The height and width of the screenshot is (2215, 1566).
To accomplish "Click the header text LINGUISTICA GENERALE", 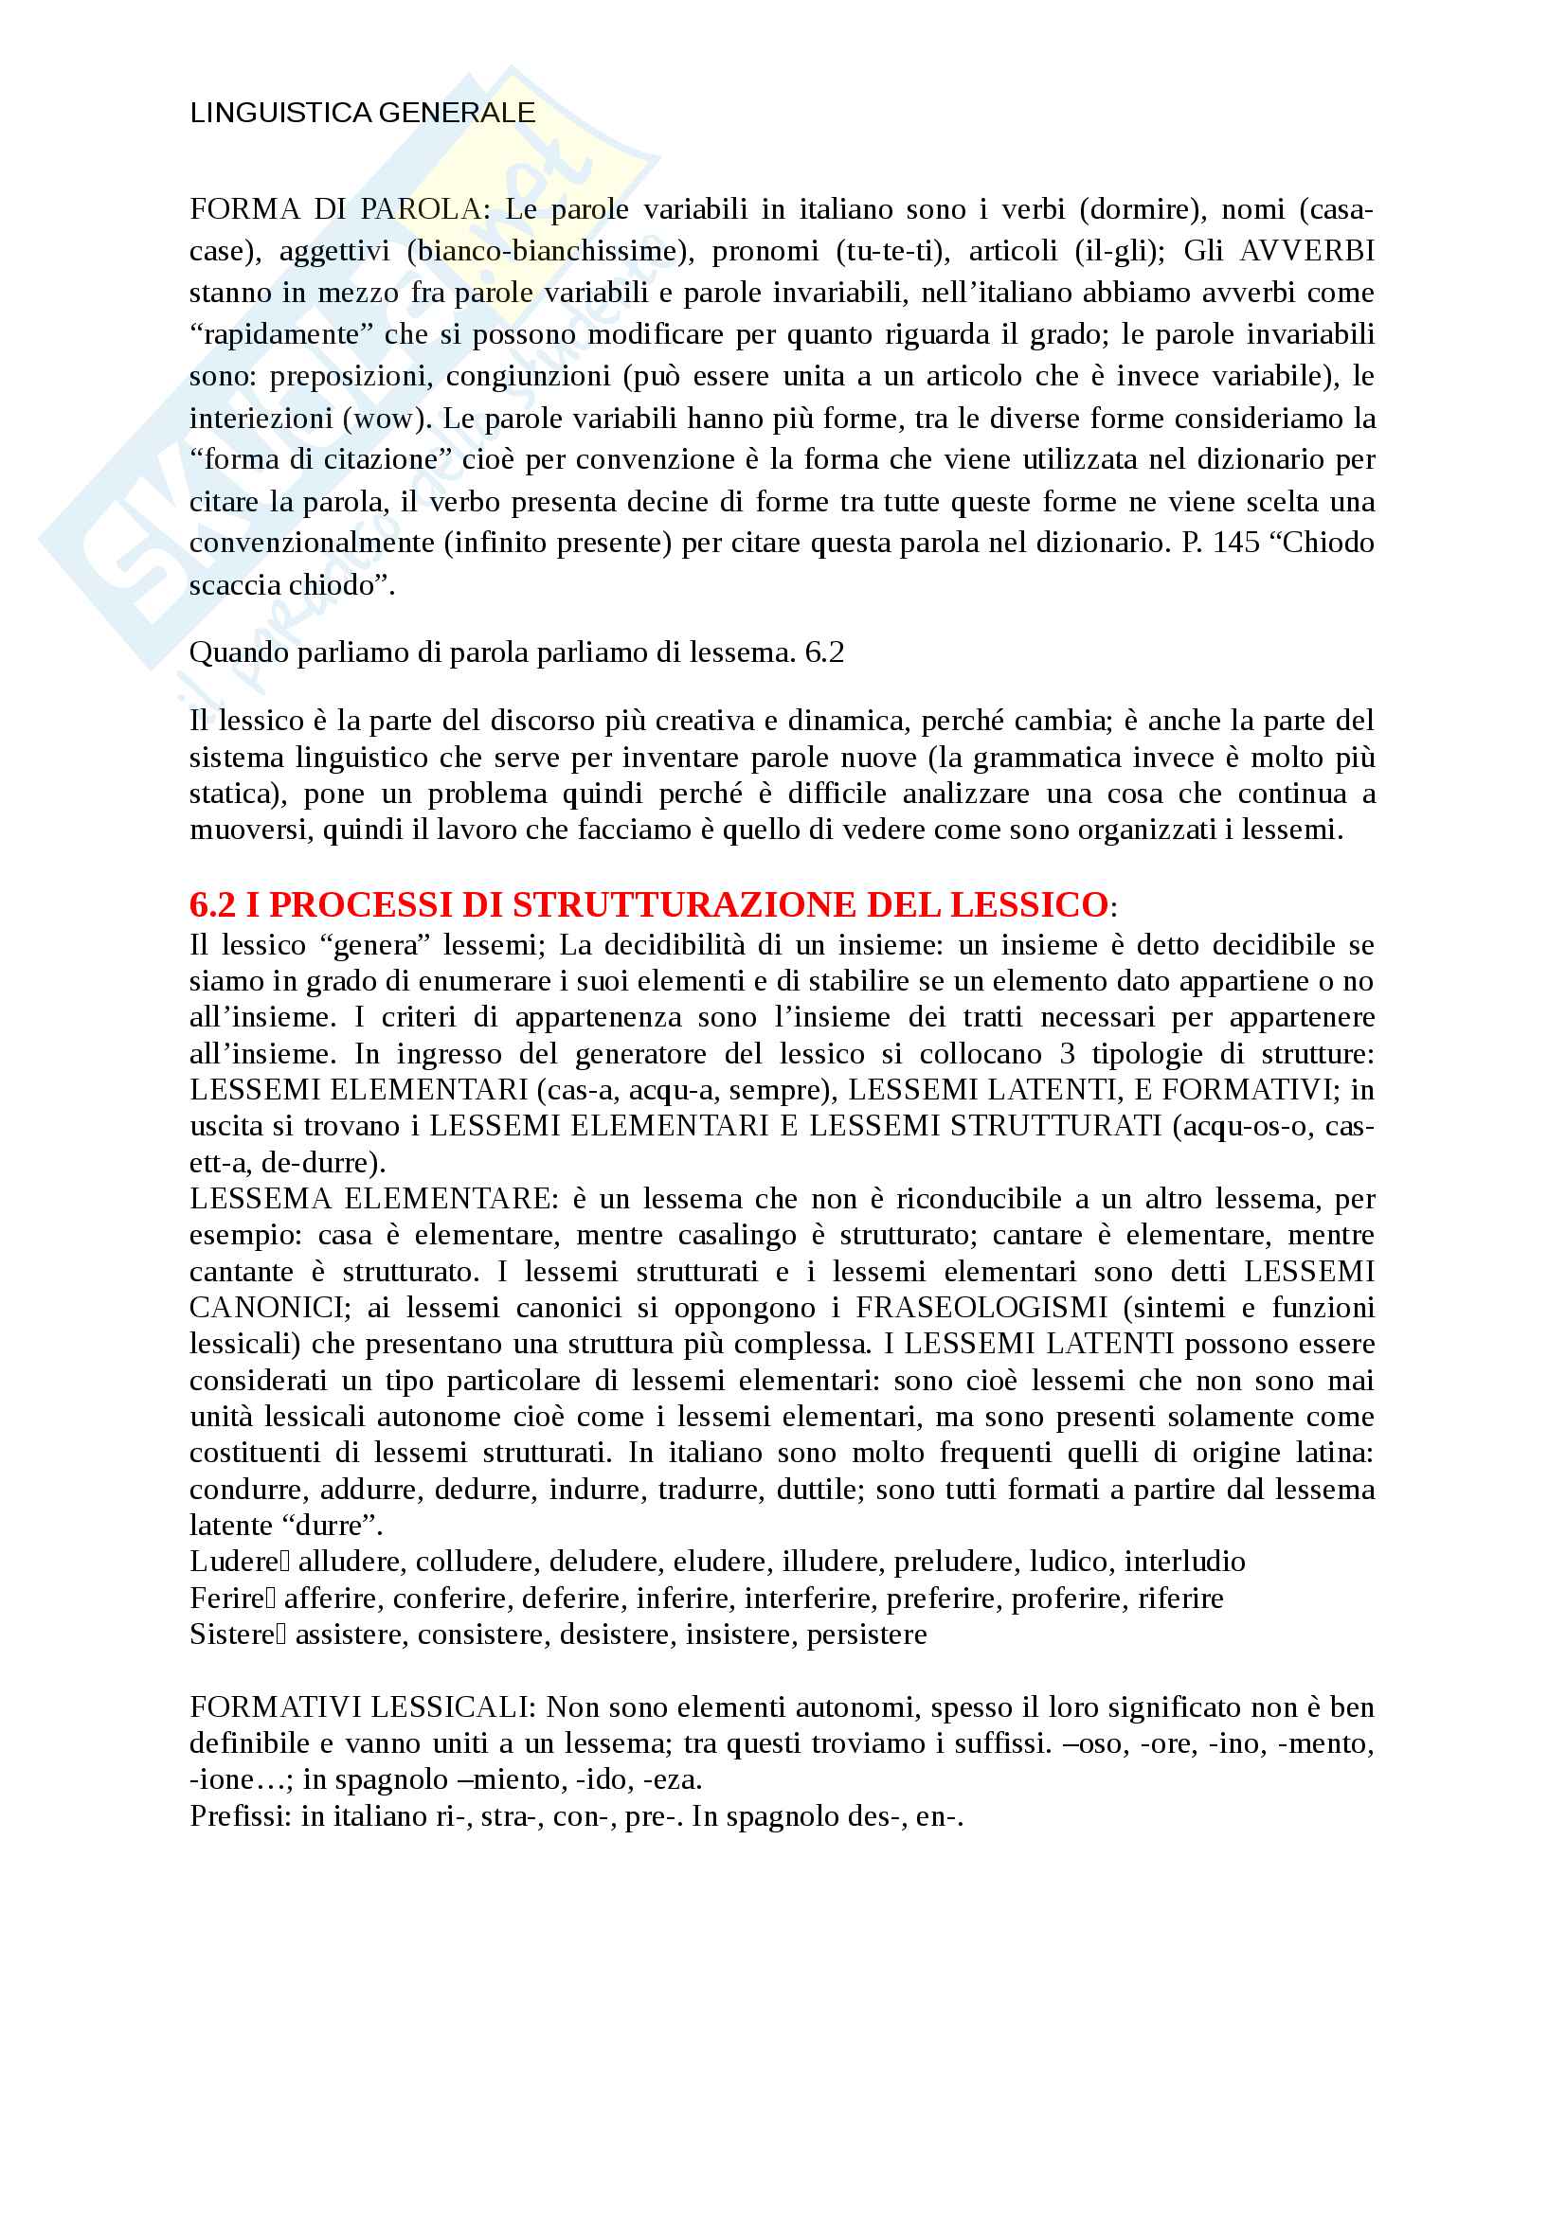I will [362, 113].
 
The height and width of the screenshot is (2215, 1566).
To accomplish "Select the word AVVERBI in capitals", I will [1306, 251].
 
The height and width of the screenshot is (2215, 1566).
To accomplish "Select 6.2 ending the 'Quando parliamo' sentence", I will [824, 653].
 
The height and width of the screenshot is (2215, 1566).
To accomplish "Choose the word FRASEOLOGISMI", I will [981, 1308].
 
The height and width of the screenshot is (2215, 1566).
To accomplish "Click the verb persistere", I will [867, 1634].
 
